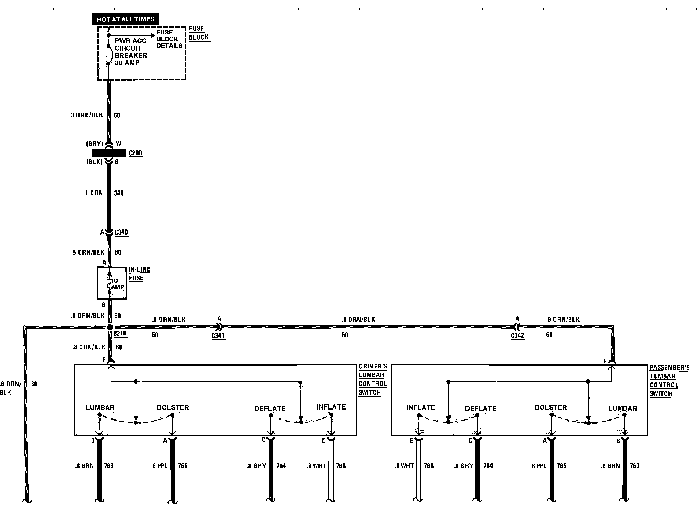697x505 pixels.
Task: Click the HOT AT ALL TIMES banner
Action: [x=125, y=19]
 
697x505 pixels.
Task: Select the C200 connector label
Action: [x=135, y=153]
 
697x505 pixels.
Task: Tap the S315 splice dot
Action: [x=110, y=327]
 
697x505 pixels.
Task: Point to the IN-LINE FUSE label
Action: [x=139, y=274]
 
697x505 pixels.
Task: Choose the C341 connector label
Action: [x=218, y=335]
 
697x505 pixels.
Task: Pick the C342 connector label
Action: [x=517, y=335]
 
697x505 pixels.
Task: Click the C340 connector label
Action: [x=121, y=232]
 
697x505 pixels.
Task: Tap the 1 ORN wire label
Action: [x=94, y=193]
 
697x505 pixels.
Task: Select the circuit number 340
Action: [x=119, y=193]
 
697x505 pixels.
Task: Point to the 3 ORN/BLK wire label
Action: [x=87, y=115]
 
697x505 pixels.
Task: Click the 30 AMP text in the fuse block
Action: [x=127, y=63]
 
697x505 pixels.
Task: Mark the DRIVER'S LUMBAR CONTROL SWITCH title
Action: [x=373, y=379]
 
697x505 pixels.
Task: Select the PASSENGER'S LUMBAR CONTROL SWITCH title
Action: [x=669, y=381]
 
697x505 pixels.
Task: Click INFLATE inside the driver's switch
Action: [x=331, y=407]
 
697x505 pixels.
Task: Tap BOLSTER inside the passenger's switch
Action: [x=550, y=407]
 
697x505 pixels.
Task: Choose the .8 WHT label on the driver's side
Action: [x=316, y=466]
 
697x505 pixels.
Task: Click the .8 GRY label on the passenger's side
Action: [x=464, y=466]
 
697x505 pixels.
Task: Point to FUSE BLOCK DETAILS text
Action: [x=169, y=39]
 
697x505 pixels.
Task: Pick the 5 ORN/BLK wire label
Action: [x=89, y=252]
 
